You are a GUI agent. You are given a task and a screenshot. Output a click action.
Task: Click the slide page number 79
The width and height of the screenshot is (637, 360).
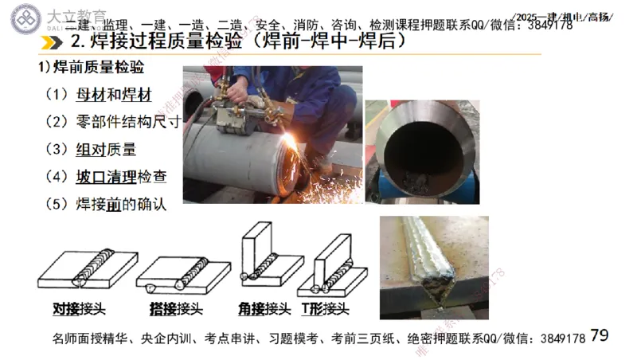(x=600, y=335)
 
